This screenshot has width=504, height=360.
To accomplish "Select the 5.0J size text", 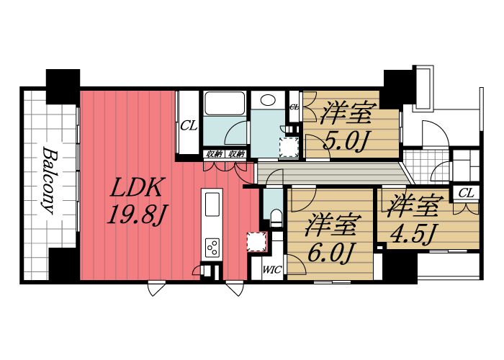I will click(x=346, y=139).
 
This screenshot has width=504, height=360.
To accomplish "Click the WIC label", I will click(x=271, y=271).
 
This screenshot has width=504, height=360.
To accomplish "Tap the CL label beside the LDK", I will click(x=189, y=125).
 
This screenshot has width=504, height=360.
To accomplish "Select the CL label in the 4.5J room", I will click(x=466, y=192).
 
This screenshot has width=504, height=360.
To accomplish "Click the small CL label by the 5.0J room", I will click(x=294, y=107).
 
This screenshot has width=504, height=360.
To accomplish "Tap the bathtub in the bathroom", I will click(x=225, y=104).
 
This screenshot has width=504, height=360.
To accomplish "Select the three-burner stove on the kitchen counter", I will click(x=213, y=247).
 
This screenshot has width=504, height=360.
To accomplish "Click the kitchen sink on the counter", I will click(x=213, y=204).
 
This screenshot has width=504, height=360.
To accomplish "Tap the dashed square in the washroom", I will click(x=289, y=147).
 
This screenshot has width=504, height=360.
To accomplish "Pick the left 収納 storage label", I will click(x=215, y=154).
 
